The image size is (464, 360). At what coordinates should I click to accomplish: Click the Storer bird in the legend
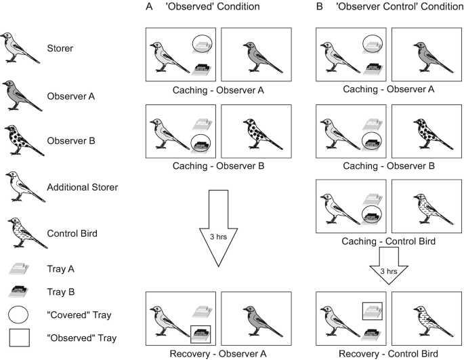21,47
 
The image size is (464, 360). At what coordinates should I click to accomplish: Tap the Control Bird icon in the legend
21,233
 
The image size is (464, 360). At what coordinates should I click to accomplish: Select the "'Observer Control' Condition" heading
385,7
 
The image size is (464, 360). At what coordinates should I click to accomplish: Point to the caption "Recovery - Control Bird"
385,353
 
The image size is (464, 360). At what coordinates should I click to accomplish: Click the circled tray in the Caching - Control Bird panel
372,218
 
